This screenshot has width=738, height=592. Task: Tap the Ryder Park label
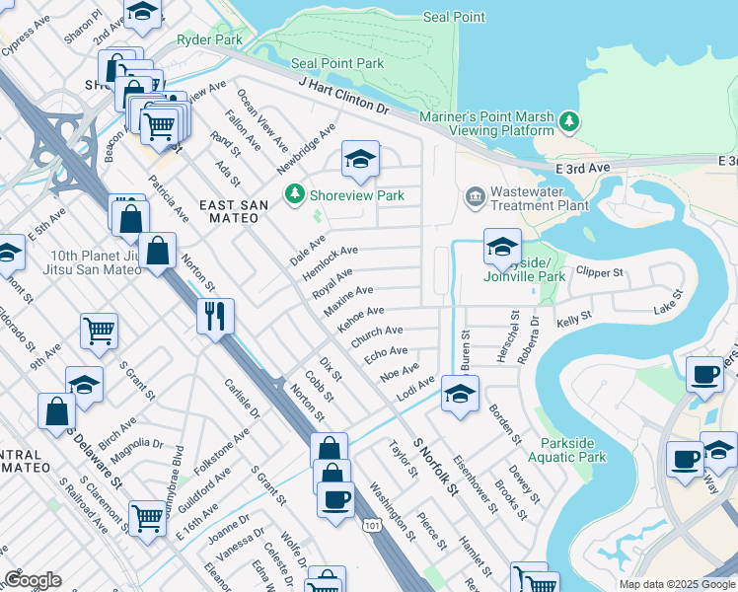click(209, 40)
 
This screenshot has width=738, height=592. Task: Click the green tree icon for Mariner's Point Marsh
click(569, 121)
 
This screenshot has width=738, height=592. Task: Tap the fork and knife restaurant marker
click(214, 317)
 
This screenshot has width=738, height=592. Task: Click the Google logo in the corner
click(33, 580)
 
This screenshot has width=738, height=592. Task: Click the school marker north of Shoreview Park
click(361, 159)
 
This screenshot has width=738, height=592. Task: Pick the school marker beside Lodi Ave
click(460, 394)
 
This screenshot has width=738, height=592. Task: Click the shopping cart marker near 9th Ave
click(99, 332)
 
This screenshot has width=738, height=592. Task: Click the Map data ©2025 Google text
click(677, 584)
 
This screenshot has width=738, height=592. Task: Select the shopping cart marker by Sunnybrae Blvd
click(147, 515)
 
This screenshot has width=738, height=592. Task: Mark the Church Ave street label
click(376, 335)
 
